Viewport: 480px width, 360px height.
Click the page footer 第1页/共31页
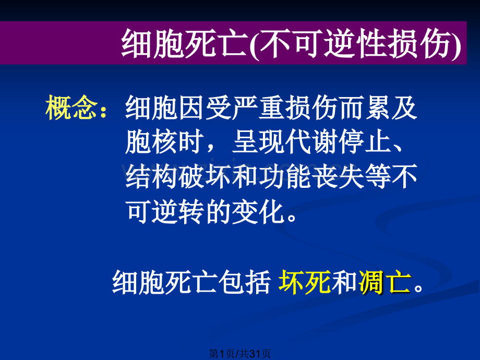pos(240,354)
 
